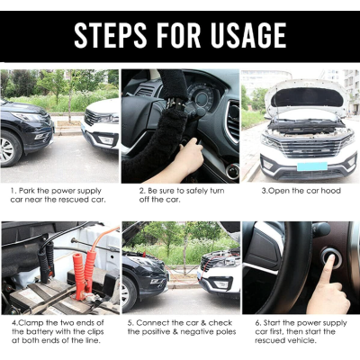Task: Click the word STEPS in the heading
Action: (x=111, y=35)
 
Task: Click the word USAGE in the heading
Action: (x=248, y=35)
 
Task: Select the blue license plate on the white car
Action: (x=312, y=166)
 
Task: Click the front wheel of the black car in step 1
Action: (x=9, y=149)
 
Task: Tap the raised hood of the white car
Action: (x=307, y=97)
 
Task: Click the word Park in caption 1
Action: (x=27, y=191)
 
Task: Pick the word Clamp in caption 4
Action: (x=31, y=323)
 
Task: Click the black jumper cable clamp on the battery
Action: (x=46, y=262)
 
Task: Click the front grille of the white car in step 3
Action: (x=309, y=147)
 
